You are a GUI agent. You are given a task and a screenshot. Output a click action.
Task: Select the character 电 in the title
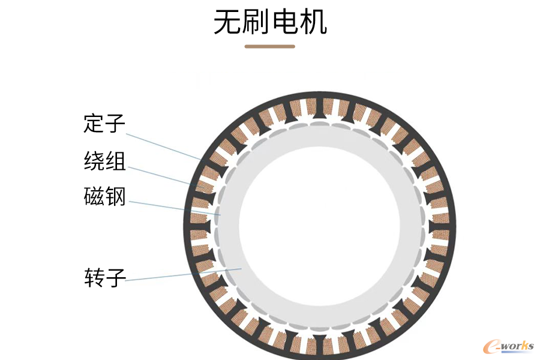click(285, 22)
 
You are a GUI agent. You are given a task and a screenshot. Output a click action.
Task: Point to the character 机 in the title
click(313, 22)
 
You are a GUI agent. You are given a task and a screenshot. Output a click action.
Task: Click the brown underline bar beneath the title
click(270, 47)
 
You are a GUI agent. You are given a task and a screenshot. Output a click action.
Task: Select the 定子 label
click(104, 124)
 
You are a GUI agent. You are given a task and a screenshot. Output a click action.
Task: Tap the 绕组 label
click(104, 161)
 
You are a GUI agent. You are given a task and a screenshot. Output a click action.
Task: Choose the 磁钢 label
click(104, 196)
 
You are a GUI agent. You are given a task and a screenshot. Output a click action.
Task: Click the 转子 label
click(105, 278)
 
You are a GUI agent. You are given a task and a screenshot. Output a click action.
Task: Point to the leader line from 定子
click(163, 147)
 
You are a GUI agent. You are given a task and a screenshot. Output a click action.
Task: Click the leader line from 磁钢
click(174, 208)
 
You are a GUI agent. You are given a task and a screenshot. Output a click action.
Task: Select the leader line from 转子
click(183, 275)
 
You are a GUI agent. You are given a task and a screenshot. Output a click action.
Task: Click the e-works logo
click(509, 346)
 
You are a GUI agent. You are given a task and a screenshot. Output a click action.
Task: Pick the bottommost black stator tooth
click(319, 344)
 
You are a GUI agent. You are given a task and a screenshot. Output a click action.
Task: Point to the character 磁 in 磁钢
click(94, 196)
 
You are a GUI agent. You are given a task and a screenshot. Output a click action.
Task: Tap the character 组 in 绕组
click(115, 161)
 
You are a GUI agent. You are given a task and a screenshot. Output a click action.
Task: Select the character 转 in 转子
click(94, 278)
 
